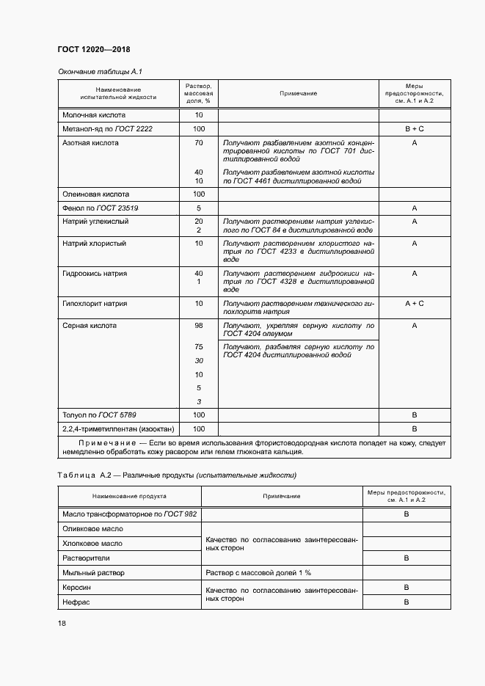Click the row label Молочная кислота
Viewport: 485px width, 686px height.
tap(94, 115)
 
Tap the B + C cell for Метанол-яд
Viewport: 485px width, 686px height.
tap(415, 129)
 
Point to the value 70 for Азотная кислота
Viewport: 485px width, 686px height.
tap(198, 143)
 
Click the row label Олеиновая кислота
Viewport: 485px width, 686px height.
tap(95, 194)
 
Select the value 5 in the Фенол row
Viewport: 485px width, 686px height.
tap(198, 208)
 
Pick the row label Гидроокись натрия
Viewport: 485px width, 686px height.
tap(95, 274)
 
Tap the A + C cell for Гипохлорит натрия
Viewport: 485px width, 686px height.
tap(415, 303)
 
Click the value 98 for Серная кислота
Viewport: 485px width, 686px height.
tap(198, 325)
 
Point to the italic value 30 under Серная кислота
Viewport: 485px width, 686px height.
tap(198, 361)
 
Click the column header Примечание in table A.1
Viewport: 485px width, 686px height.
tap(298, 94)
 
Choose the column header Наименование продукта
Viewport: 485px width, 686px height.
tap(130, 496)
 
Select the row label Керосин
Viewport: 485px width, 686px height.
tap(77, 588)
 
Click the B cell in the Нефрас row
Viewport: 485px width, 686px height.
tap(406, 602)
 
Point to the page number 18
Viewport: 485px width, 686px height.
tap(62, 623)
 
